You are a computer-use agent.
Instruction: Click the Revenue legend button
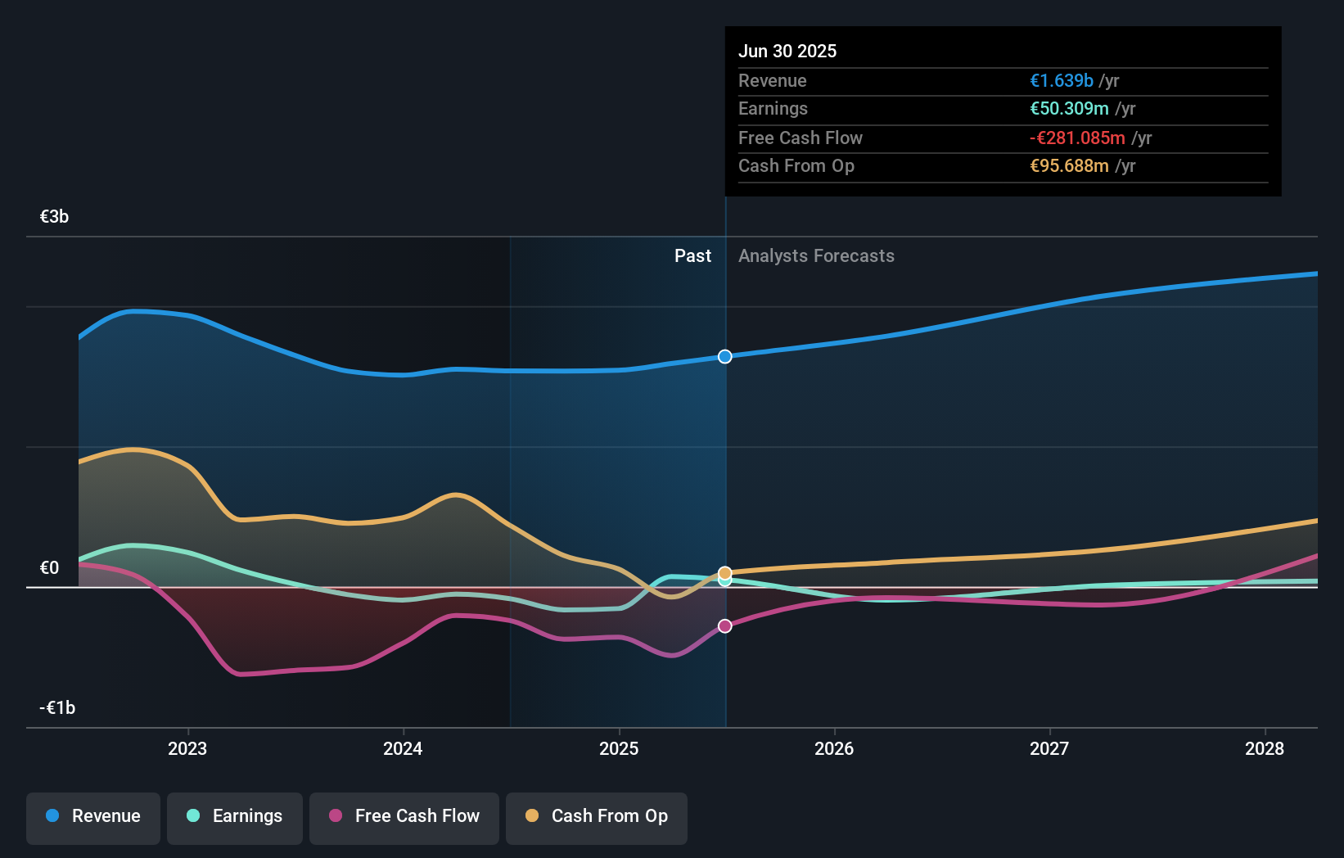point(93,817)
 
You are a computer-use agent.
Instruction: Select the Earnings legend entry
point(235,817)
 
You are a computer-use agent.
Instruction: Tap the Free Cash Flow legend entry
point(404,817)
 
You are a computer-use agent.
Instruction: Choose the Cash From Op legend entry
point(597,817)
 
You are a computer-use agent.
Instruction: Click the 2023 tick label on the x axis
point(187,749)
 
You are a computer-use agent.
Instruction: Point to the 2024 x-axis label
point(403,749)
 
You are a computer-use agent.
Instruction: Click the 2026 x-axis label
point(834,749)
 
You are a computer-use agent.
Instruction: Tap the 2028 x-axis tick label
point(1265,749)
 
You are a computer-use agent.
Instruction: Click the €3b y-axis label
point(54,217)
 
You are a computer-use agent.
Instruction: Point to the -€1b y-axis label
point(57,708)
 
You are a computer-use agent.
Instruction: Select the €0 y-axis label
point(49,568)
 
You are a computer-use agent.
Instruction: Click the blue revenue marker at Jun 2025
point(725,356)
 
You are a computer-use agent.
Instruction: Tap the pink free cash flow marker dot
point(725,626)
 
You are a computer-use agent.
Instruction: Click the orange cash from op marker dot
point(725,572)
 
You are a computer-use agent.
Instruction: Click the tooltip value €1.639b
point(1061,81)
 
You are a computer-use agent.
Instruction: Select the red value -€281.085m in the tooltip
point(1077,138)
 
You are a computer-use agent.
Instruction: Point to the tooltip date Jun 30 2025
point(787,52)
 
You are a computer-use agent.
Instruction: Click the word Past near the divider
point(692,256)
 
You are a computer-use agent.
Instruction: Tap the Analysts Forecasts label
point(816,256)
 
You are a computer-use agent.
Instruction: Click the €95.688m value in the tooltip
point(1069,166)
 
